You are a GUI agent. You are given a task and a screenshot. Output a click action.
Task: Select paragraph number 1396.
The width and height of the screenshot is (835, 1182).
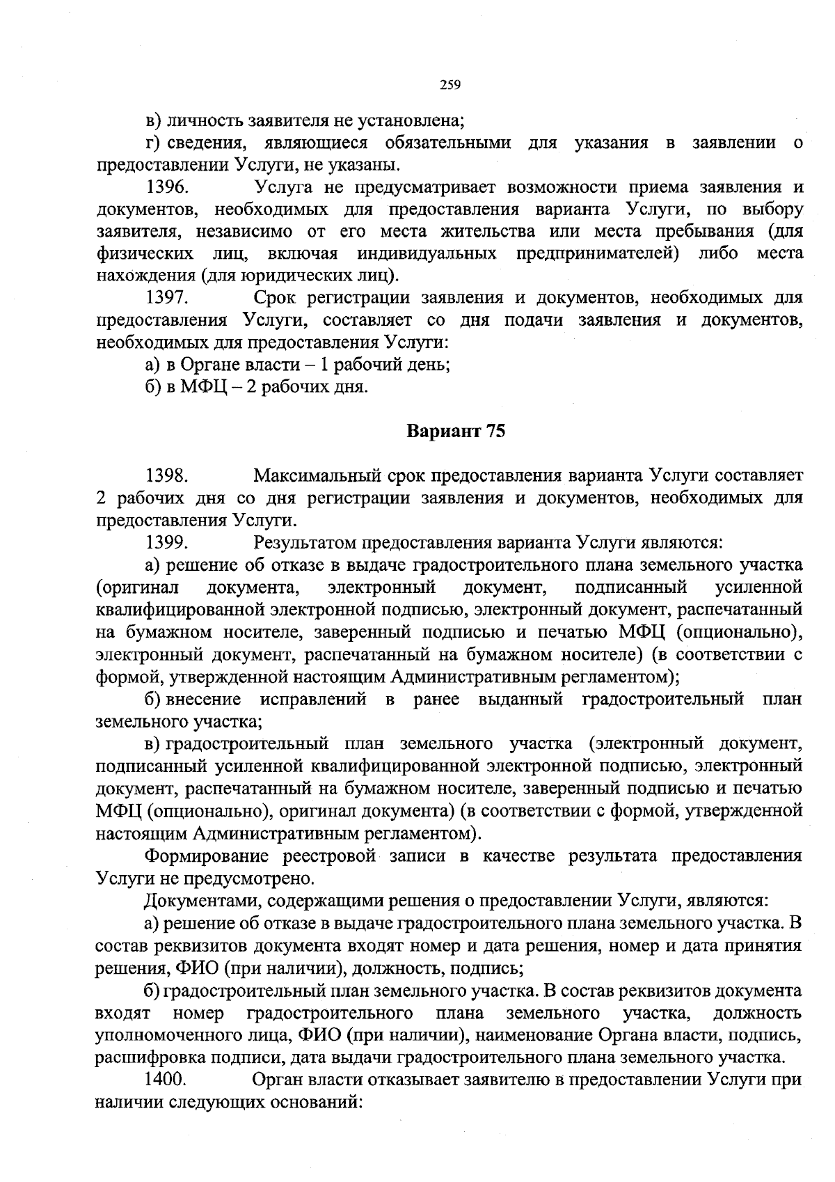pos(167,187)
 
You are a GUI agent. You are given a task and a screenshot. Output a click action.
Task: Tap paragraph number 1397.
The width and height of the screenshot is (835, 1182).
pos(167,298)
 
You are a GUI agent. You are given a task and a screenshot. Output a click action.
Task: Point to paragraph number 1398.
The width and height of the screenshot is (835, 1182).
pos(167,476)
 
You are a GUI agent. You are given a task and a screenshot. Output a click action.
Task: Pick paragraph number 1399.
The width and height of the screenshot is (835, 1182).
pos(167,542)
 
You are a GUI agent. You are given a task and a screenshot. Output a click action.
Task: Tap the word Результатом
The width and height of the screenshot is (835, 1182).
pos(303,542)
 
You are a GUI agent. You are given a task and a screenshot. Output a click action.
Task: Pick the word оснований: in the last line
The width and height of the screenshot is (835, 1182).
pos(310,1102)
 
